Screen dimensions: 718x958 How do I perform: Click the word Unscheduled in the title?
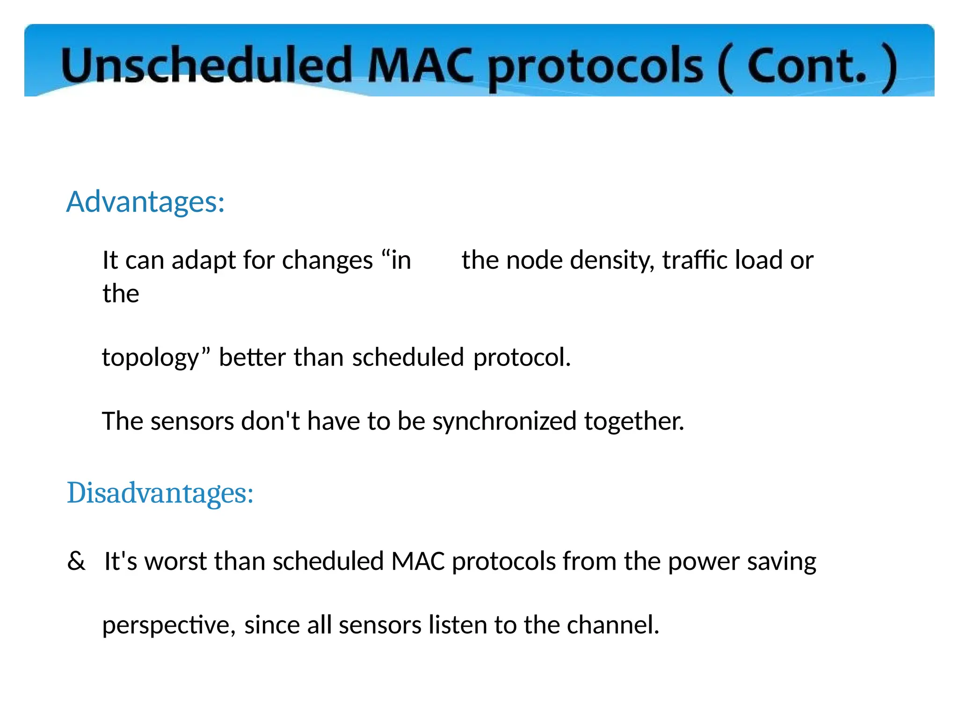(206, 65)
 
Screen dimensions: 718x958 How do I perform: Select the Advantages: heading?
(145, 202)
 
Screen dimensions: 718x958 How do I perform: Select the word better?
(252, 358)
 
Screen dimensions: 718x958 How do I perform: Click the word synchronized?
(504, 422)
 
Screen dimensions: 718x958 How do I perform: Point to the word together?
(634, 422)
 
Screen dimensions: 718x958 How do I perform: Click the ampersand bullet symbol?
(76, 561)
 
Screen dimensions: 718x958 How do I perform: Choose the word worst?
(175, 561)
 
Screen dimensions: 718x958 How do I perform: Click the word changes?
(327, 261)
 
